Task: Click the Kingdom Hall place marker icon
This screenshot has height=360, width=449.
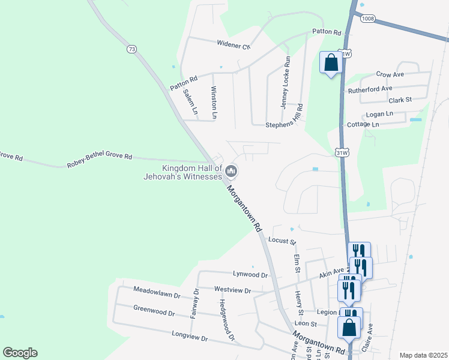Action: pyautogui.click(x=231, y=173)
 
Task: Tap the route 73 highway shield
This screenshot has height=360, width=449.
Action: pyautogui.click(x=132, y=47)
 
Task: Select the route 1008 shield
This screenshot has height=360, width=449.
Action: pyautogui.click(x=368, y=19)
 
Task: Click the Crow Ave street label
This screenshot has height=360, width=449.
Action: pyautogui.click(x=390, y=74)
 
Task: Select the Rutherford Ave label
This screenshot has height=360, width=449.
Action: pyautogui.click(x=370, y=90)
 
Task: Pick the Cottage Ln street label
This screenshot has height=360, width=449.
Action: pyautogui.click(x=363, y=124)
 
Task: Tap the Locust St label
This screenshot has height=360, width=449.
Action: pyautogui.click(x=282, y=241)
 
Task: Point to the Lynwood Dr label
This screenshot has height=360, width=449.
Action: pyautogui.click(x=250, y=274)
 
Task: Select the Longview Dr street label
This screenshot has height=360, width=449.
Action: pyautogui.click(x=189, y=338)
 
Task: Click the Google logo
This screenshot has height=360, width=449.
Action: pyautogui.click(x=20, y=352)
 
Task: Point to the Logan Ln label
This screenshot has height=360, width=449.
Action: pyautogui.click(x=379, y=113)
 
